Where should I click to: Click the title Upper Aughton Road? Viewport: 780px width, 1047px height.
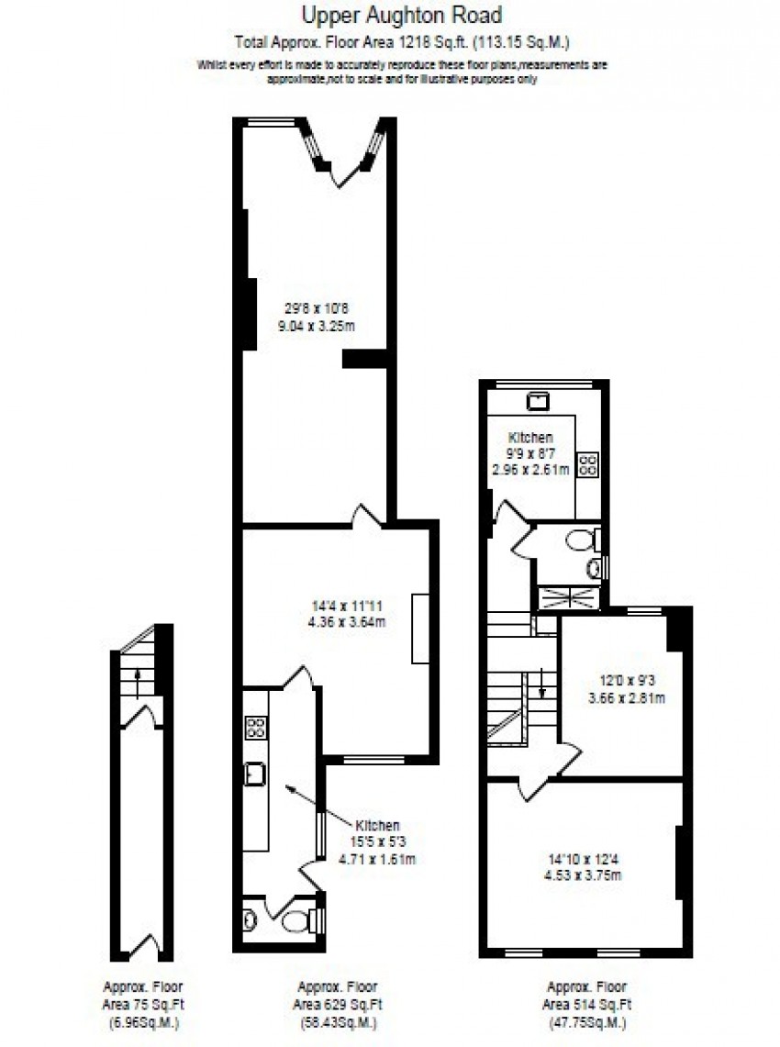pyautogui.click(x=390, y=16)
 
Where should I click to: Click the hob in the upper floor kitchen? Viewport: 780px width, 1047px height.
pyautogui.click(x=586, y=464)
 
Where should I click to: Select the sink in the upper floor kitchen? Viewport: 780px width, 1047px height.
pyautogui.click(x=538, y=401)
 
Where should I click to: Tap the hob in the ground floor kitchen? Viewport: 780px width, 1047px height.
pyautogui.click(x=255, y=728)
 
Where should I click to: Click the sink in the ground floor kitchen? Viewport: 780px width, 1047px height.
pyautogui.click(x=254, y=774)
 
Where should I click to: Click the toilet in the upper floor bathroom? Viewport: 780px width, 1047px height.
pyautogui.click(x=581, y=540)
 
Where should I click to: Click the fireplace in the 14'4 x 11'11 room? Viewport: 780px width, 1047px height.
pyautogui.click(x=420, y=628)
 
